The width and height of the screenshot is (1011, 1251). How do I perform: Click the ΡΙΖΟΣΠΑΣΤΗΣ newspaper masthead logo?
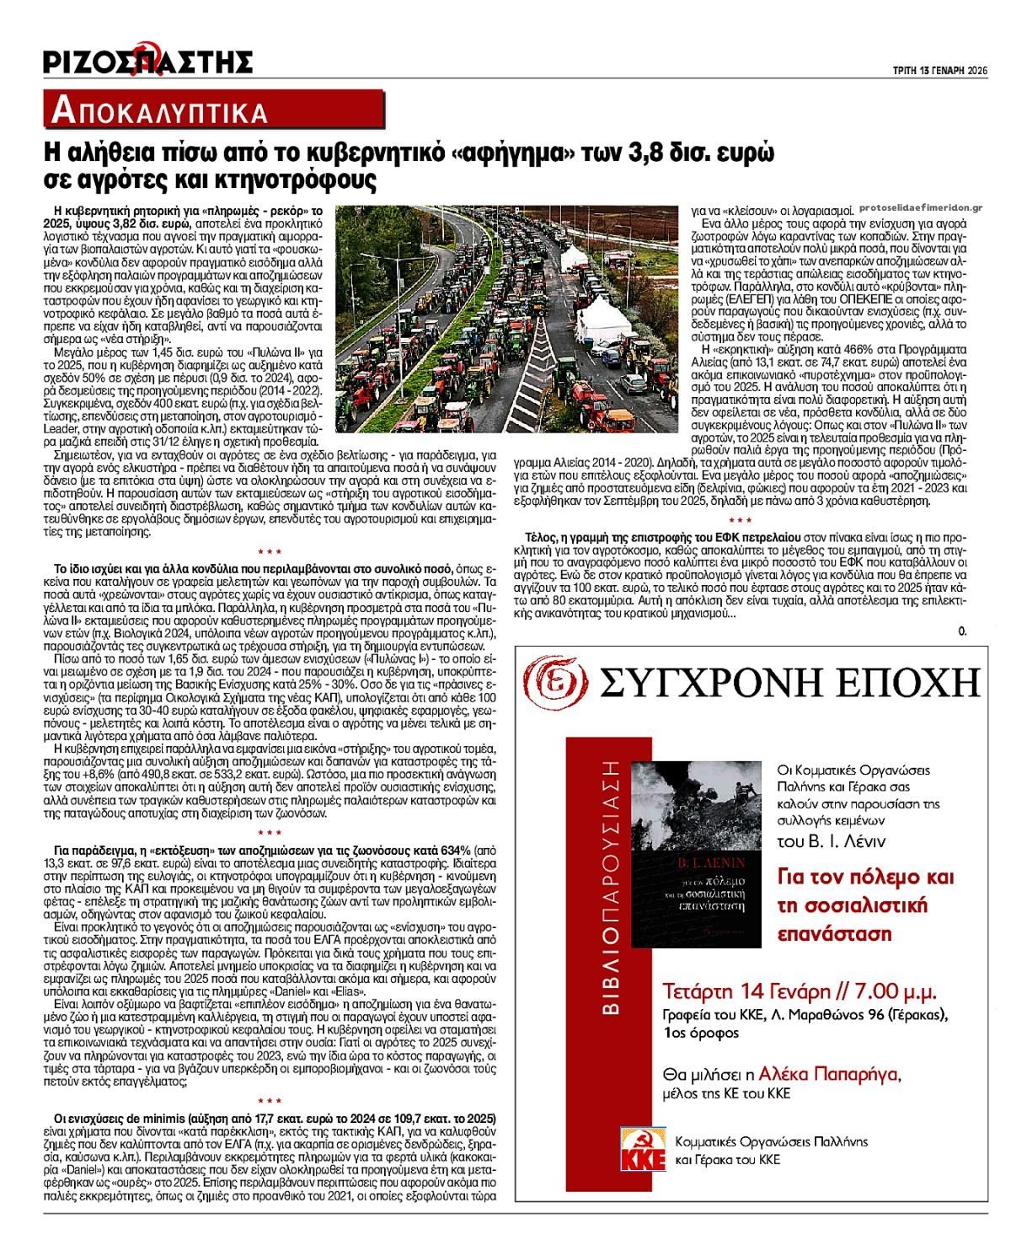click(x=148, y=62)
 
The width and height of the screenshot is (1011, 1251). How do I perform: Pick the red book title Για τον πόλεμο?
click(x=864, y=877)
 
